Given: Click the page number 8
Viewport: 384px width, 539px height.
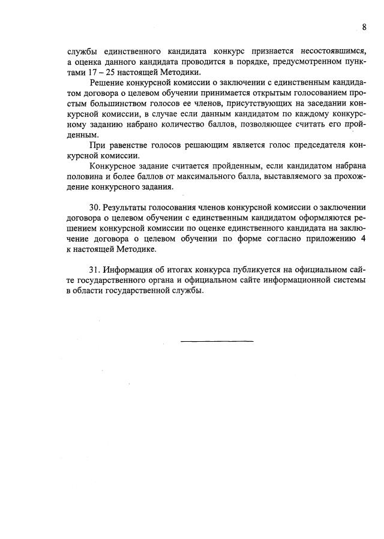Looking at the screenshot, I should (x=364, y=27).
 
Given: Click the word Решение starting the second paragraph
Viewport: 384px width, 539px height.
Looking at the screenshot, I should (x=104, y=82).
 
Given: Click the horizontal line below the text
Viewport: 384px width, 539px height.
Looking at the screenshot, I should (x=217, y=341).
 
